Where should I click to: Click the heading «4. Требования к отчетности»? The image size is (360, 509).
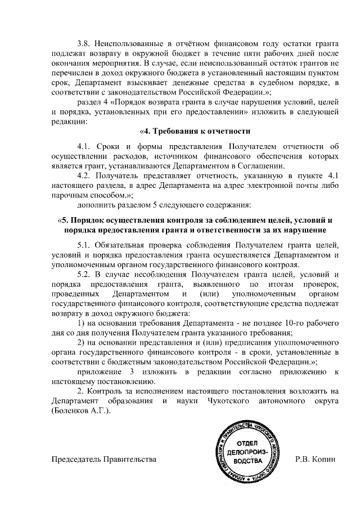195,132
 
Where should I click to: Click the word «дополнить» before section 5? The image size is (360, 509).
94,205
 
